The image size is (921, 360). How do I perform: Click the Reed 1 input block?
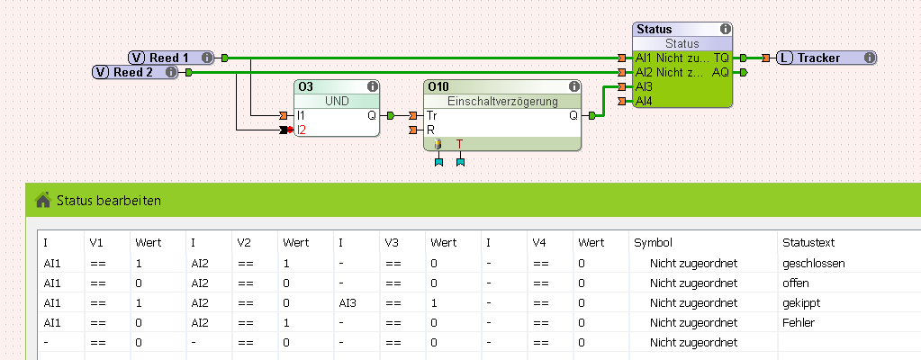[x=170, y=58]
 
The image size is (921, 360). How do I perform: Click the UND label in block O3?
[x=337, y=101]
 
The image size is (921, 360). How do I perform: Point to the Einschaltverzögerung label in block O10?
[x=502, y=101]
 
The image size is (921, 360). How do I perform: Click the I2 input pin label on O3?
[x=302, y=130]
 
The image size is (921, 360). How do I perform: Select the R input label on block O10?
[x=430, y=130]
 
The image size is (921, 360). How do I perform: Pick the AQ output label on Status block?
[x=720, y=72]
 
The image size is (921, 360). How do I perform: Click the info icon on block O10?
[x=573, y=87]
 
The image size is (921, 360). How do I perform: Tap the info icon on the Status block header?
[x=725, y=30]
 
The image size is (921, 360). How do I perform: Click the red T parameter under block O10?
[x=459, y=144]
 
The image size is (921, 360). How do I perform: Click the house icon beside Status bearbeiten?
[x=42, y=200]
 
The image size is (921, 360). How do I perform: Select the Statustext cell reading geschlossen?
[x=814, y=264]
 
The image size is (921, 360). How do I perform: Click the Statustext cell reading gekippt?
[x=802, y=303]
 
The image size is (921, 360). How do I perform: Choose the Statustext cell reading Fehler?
[x=799, y=323]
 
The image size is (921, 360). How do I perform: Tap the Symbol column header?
[x=653, y=243]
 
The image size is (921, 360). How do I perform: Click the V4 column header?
[x=538, y=243]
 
